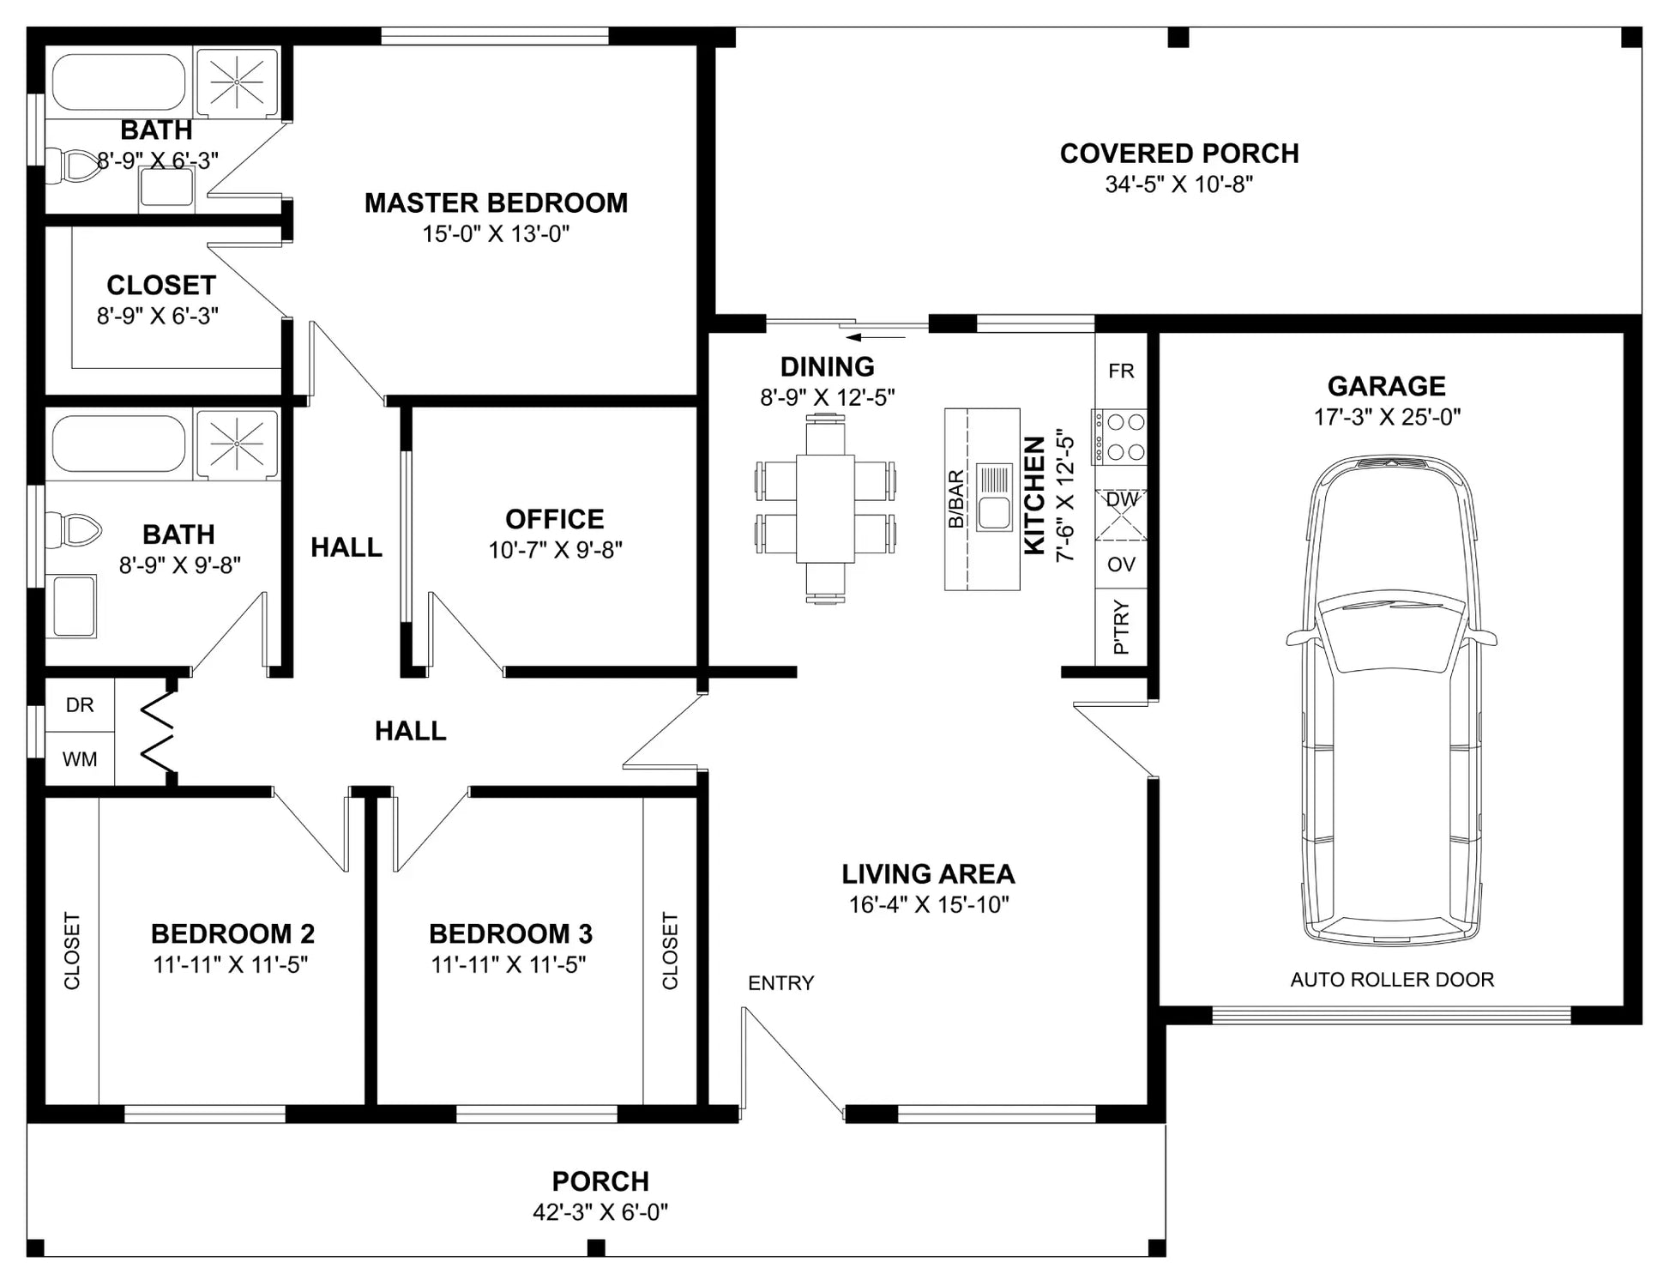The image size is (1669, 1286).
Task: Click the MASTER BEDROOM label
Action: pyautogui.click(x=496, y=203)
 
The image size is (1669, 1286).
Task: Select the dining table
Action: pyautogui.click(x=825, y=509)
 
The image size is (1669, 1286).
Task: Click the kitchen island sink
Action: pyautogui.click(x=994, y=498)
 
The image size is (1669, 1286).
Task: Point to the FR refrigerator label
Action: pyautogui.click(x=1121, y=371)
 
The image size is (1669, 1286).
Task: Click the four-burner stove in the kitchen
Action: pyautogui.click(x=1119, y=437)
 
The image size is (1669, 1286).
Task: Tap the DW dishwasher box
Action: pyautogui.click(x=1121, y=515)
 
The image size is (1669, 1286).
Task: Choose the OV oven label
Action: pyautogui.click(x=1121, y=565)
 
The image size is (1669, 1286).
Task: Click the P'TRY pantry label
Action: pyautogui.click(x=1121, y=627)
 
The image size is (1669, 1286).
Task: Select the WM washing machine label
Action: pyautogui.click(x=80, y=759)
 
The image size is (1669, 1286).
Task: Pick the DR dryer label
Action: pyautogui.click(x=80, y=705)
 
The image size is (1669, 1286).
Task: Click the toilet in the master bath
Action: pyautogui.click(x=72, y=166)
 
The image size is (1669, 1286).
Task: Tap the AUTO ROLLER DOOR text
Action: pyautogui.click(x=1392, y=980)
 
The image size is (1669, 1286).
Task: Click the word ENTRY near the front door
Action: pyautogui.click(x=780, y=983)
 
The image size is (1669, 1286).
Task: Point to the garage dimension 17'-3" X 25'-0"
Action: pyautogui.click(x=1387, y=417)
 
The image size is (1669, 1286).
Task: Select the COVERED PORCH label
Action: pyautogui.click(x=1179, y=154)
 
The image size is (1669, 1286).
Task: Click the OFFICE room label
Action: pyautogui.click(x=554, y=519)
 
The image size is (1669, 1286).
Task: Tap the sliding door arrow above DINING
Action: pyautogui.click(x=876, y=337)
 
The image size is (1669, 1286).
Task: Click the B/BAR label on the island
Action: pyautogui.click(x=956, y=499)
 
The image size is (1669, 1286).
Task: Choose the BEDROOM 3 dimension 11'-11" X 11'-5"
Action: pyautogui.click(x=509, y=965)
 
